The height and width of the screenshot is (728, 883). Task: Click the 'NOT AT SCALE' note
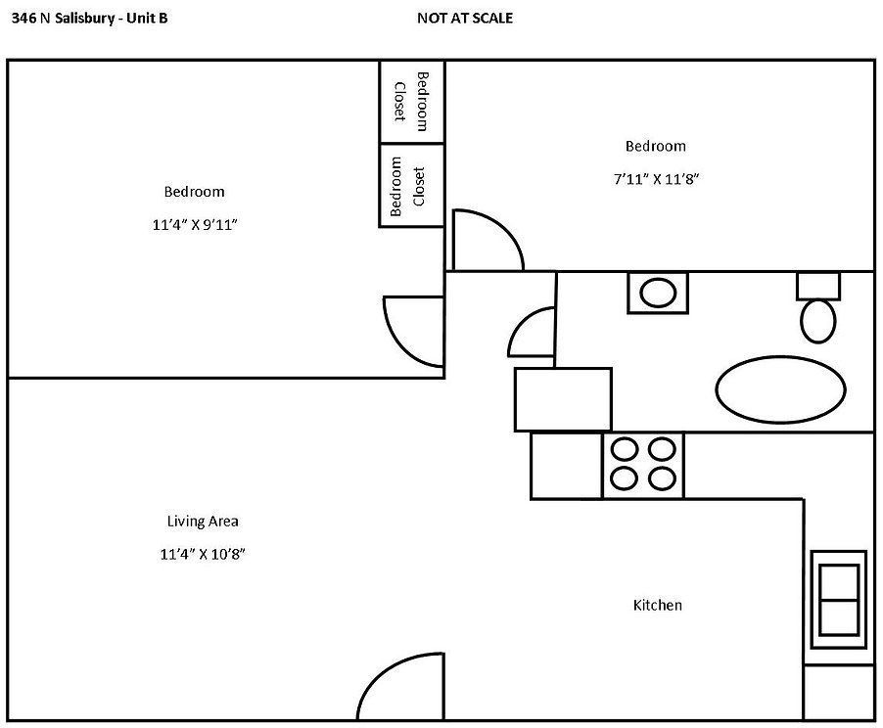pyautogui.click(x=465, y=18)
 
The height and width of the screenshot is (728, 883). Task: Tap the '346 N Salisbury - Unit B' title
pyautogui.click(x=89, y=18)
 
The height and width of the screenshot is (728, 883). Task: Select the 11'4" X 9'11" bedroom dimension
pyautogui.click(x=194, y=225)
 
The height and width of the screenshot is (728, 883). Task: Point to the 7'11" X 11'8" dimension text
pyautogui.click(x=656, y=179)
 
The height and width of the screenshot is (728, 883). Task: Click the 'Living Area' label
pyautogui.click(x=203, y=522)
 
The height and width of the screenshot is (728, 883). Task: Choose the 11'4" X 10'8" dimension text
pyautogui.click(x=203, y=554)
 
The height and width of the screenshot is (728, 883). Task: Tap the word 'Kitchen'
pyautogui.click(x=657, y=606)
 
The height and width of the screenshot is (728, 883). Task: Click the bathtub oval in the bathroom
pyautogui.click(x=780, y=389)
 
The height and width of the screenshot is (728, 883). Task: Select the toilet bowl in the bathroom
pyautogui.click(x=817, y=321)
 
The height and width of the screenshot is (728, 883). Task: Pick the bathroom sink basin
pyautogui.click(x=658, y=294)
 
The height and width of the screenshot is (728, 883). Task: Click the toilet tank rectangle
pyautogui.click(x=818, y=287)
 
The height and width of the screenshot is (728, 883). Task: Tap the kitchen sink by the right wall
pyautogui.click(x=839, y=600)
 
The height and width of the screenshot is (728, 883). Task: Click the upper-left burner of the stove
pyautogui.click(x=625, y=450)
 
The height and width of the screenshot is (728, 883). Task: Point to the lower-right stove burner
pyautogui.click(x=662, y=478)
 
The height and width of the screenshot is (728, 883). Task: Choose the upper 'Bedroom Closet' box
pyautogui.click(x=412, y=102)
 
